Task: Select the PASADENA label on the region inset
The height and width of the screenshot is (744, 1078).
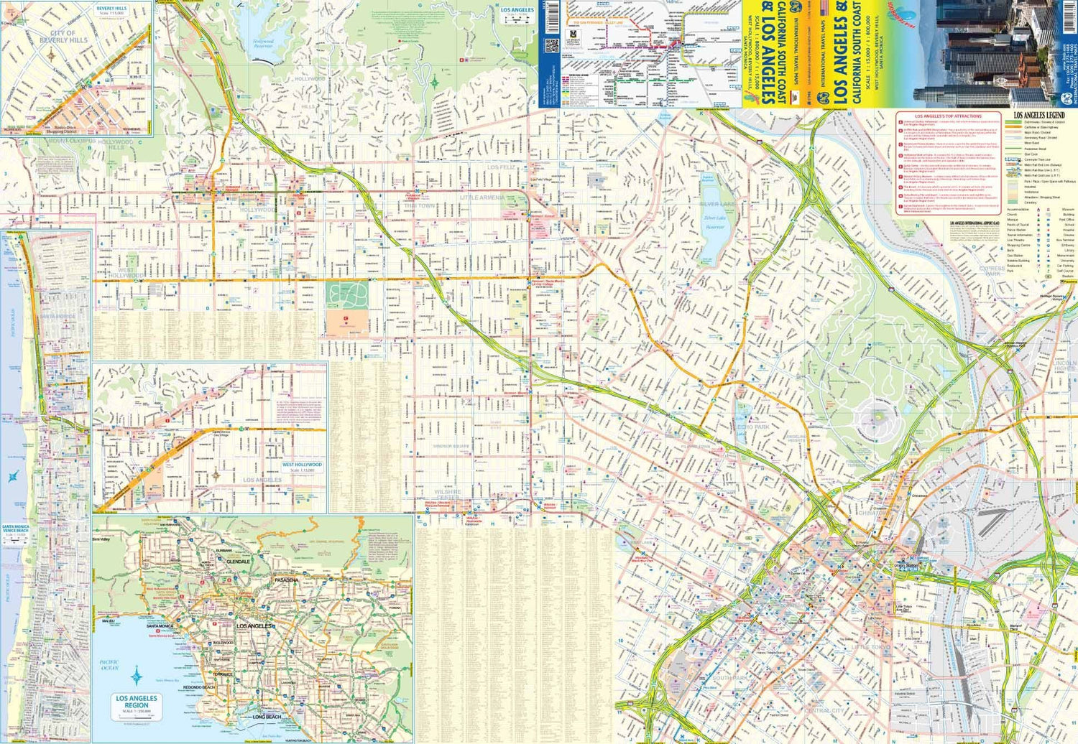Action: pos(285,580)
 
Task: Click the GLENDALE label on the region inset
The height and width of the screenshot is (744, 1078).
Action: pos(238,562)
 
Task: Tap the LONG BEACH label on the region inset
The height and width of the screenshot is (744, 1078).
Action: pos(267,717)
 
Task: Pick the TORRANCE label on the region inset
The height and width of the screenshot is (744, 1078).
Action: pos(223,674)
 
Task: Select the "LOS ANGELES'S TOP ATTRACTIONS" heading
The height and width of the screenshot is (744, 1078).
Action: pos(947,116)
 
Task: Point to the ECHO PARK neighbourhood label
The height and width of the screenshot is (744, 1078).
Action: pos(752,427)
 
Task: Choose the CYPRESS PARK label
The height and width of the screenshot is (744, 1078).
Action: pos(992,271)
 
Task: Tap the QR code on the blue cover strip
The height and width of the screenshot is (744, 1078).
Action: pos(551,46)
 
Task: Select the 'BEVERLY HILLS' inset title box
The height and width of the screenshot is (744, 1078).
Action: pos(111,11)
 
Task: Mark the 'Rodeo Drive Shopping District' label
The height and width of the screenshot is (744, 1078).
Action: pos(61,130)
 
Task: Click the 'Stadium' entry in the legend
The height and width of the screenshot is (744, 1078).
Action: pos(1068,276)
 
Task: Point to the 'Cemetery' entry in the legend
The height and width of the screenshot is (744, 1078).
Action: pos(1031,203)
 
